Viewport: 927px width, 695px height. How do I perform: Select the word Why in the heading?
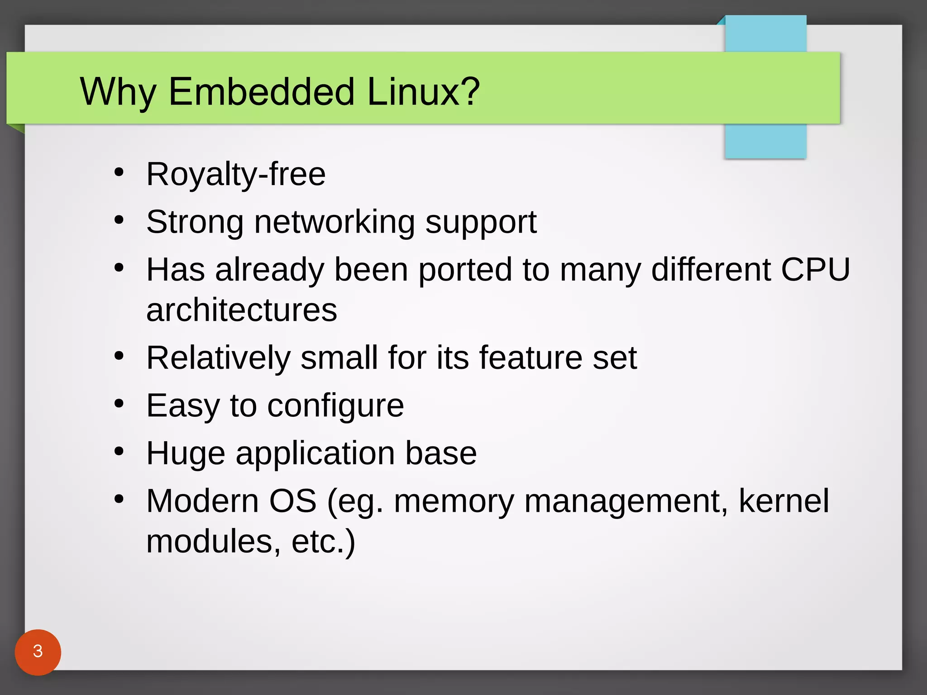click(x=118, y=92)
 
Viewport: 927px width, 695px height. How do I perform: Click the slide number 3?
click(x=38, y=651)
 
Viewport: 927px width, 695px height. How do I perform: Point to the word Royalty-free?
click(x=236, y=174)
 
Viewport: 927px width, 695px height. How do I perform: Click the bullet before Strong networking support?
click(x=119, y=220)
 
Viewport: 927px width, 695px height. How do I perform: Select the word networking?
click(x=334, y=223)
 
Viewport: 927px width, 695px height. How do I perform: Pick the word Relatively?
click(x=218, y=358)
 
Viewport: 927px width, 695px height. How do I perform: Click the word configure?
click(x=335, y=406)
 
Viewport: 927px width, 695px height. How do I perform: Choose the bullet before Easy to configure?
click(x=119, y=403)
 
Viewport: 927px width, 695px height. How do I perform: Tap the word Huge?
click(x=186, y=454)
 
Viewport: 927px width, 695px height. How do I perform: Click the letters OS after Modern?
click(x=292, y=501)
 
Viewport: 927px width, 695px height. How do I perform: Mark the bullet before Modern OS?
click(x=119, y=499)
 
